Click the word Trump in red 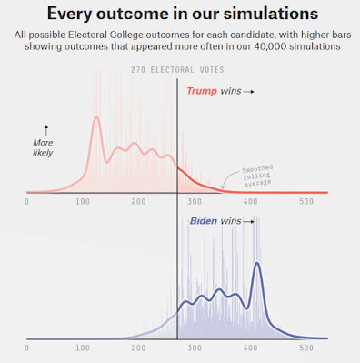pos(202,91)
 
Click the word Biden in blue pos(204,221)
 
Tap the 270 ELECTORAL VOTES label pos(177,70)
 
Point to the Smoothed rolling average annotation pos(257,175)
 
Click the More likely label pos(43,147)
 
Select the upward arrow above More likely pos(46,130)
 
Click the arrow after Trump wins pos(248,92)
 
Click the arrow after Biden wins pos(248,222)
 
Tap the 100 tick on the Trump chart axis pos(83,201)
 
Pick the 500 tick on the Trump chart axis pos(306,201)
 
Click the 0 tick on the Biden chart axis pos(26,348)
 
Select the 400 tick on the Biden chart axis pos(250,348)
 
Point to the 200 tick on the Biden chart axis pos(138,348)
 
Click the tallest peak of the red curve pos(96,116)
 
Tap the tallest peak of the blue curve pos(257,263)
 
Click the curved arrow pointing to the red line pos(230,179)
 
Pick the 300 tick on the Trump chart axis pos(195,201)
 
